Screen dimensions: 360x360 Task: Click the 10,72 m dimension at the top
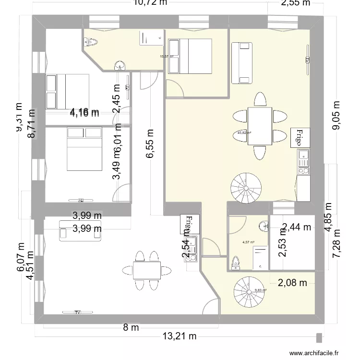coord(150,4)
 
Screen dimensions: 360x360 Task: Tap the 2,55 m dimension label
coord(295,4)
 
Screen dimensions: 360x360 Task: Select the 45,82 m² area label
coord(245,133)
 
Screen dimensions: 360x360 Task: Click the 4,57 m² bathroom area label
coord(248,242)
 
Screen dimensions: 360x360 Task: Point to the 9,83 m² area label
coord(261,290)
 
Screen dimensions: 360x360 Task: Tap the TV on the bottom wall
coord(77,312)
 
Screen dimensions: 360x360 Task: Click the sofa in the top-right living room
coord(241,62)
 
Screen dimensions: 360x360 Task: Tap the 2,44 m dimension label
coord(296,227)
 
